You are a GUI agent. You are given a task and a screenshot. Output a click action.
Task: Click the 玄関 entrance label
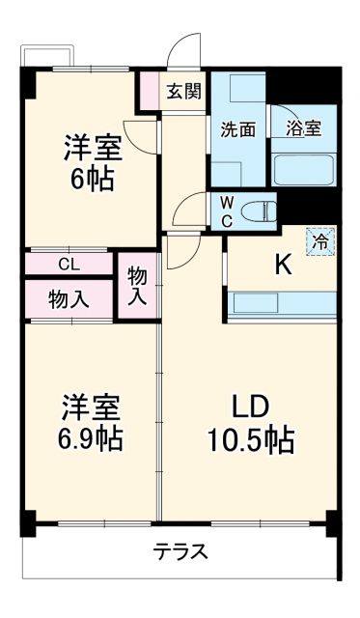point(183,92)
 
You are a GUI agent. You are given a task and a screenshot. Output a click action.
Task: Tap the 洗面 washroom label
point(237,129)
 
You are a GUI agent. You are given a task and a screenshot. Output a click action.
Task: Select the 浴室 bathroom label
point(303,129)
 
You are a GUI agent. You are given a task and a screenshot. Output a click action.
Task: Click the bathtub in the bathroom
point(304,169)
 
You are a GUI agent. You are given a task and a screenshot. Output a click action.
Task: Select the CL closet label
point(69,264)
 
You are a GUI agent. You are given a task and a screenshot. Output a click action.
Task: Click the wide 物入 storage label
point(69,298)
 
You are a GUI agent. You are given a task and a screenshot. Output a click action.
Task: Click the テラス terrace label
point(180,552)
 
